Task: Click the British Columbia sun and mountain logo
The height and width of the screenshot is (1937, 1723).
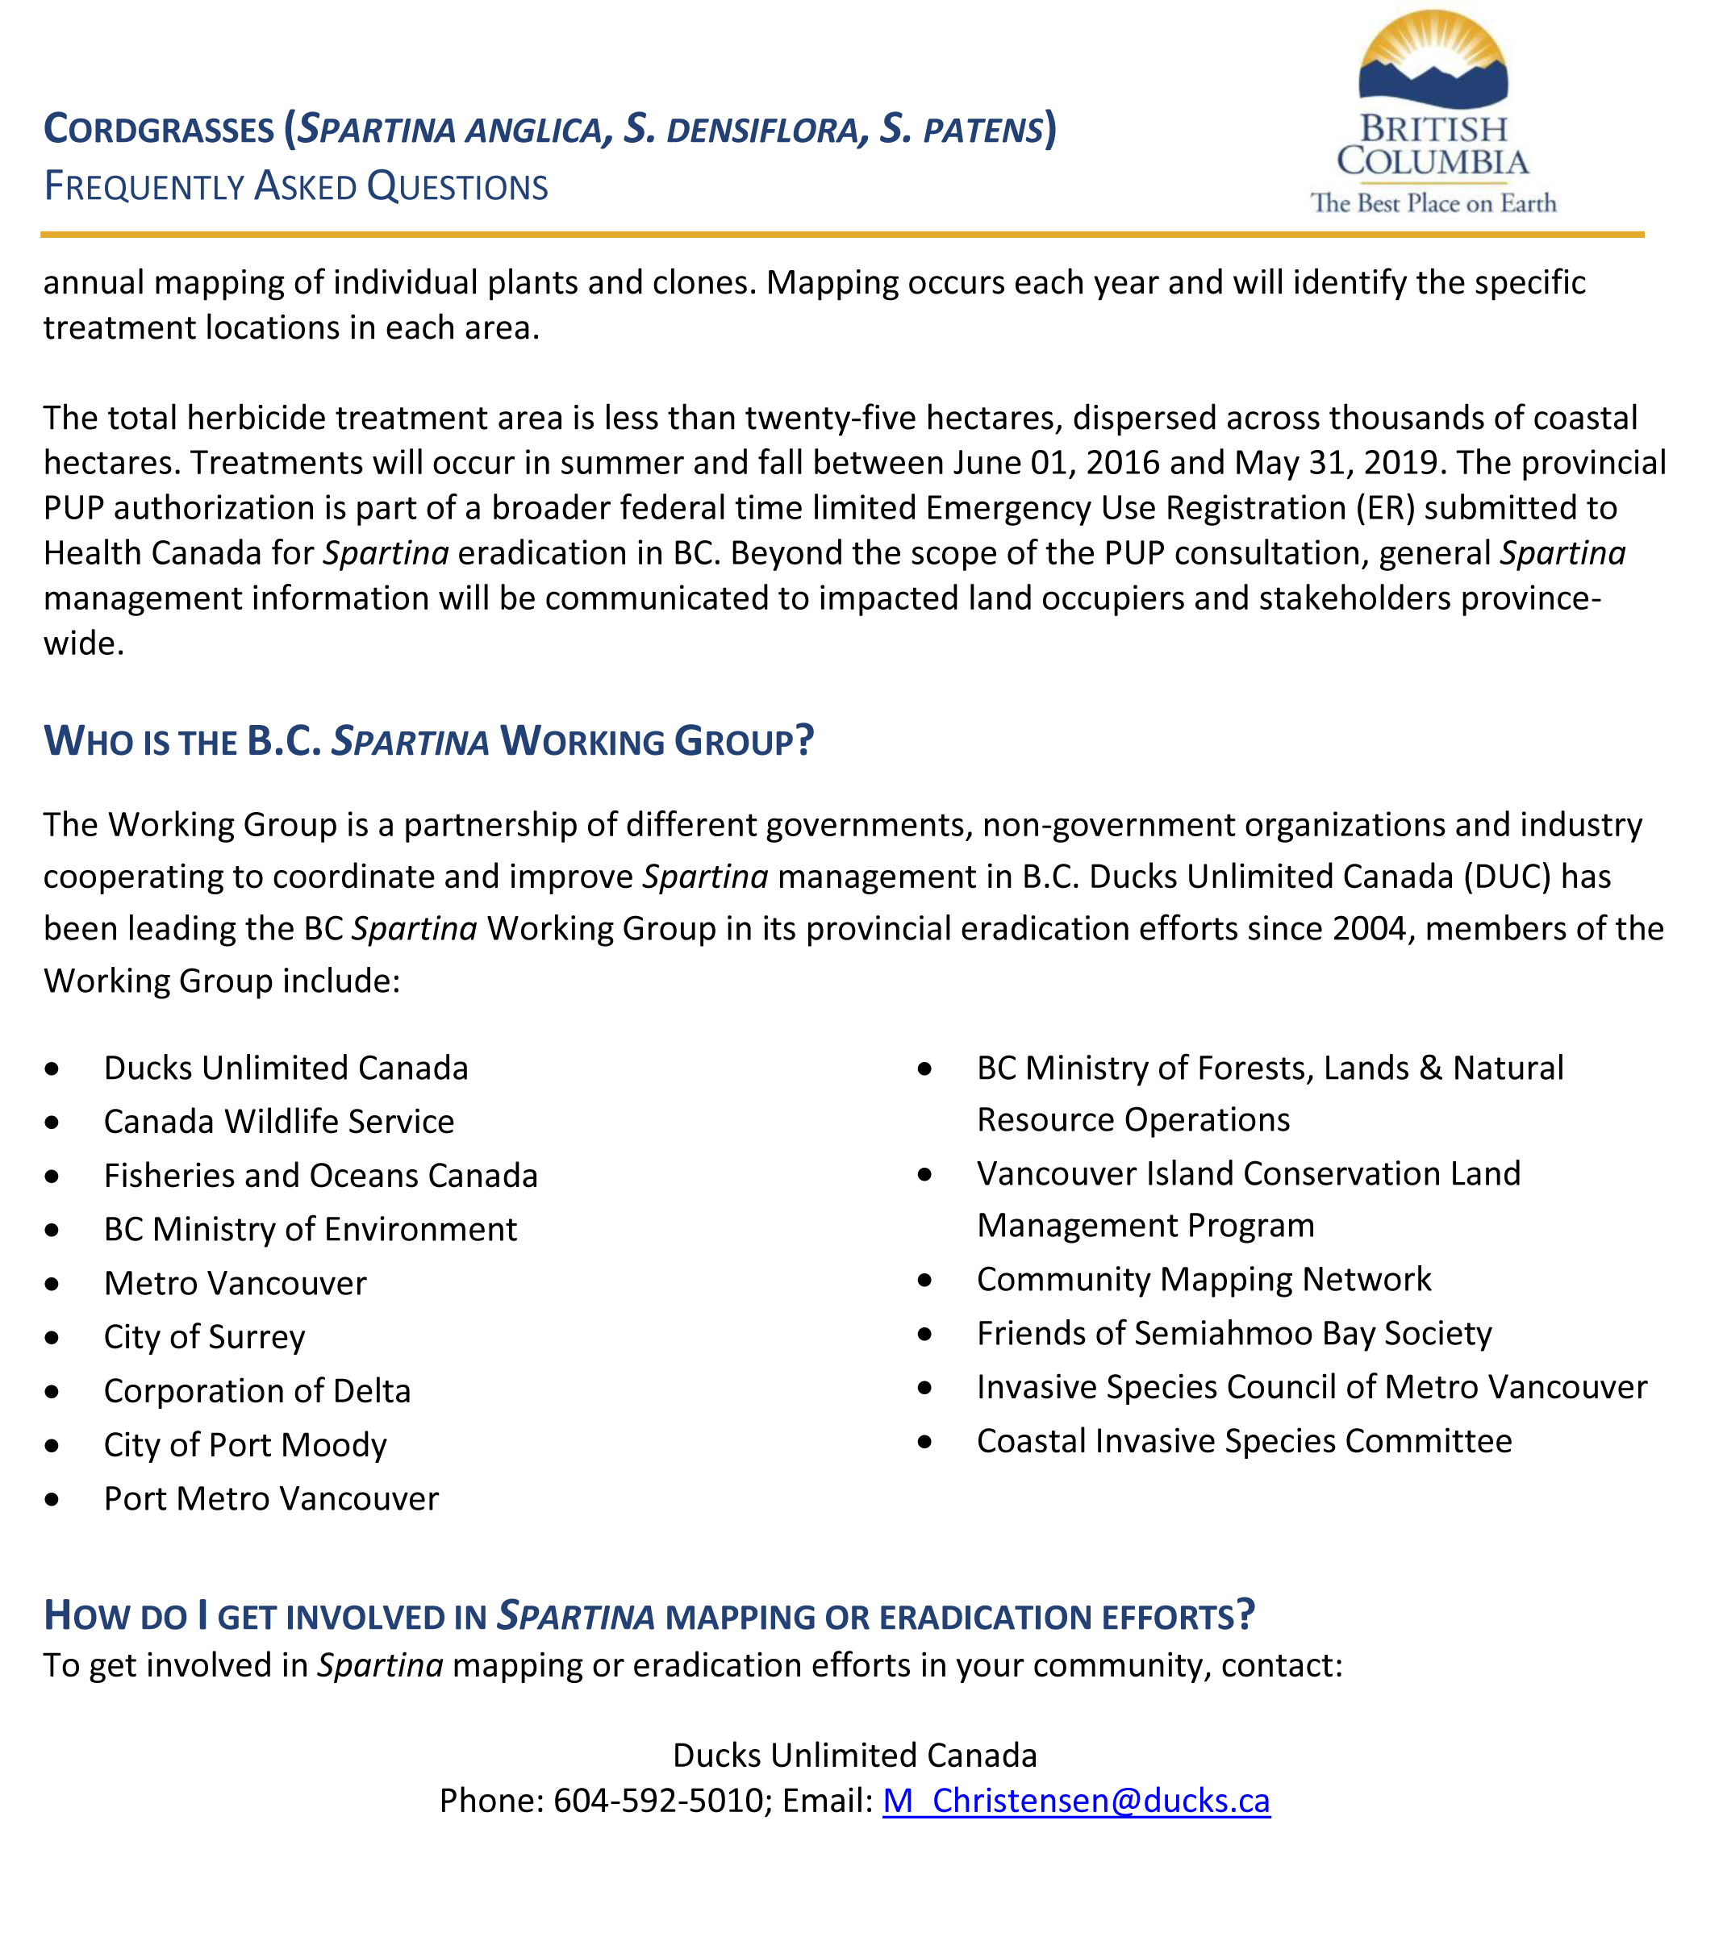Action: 1432,61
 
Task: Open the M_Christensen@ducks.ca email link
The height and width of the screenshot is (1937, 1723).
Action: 1076,1800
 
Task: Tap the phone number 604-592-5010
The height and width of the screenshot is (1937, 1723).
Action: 657,1800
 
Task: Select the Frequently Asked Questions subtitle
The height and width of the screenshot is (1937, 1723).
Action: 296,187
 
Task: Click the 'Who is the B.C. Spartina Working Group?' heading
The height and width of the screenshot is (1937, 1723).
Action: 428,741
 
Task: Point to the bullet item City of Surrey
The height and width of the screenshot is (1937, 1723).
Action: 205,1337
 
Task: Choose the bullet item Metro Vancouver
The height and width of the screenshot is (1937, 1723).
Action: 235,1283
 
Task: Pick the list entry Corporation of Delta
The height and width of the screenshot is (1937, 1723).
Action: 257,1391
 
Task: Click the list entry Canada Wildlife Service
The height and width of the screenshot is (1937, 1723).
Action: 278,1122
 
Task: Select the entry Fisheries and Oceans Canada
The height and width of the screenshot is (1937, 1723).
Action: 320,1176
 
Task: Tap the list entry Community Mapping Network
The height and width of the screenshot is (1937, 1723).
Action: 1204,1279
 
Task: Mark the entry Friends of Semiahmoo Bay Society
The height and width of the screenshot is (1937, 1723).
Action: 1234,1333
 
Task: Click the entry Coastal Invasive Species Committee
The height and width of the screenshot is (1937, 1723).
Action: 1245,1440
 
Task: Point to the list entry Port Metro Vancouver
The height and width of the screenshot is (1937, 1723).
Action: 271,1498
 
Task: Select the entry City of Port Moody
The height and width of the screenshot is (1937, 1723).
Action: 245,1445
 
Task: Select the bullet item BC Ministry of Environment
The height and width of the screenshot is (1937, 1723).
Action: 310,1229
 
